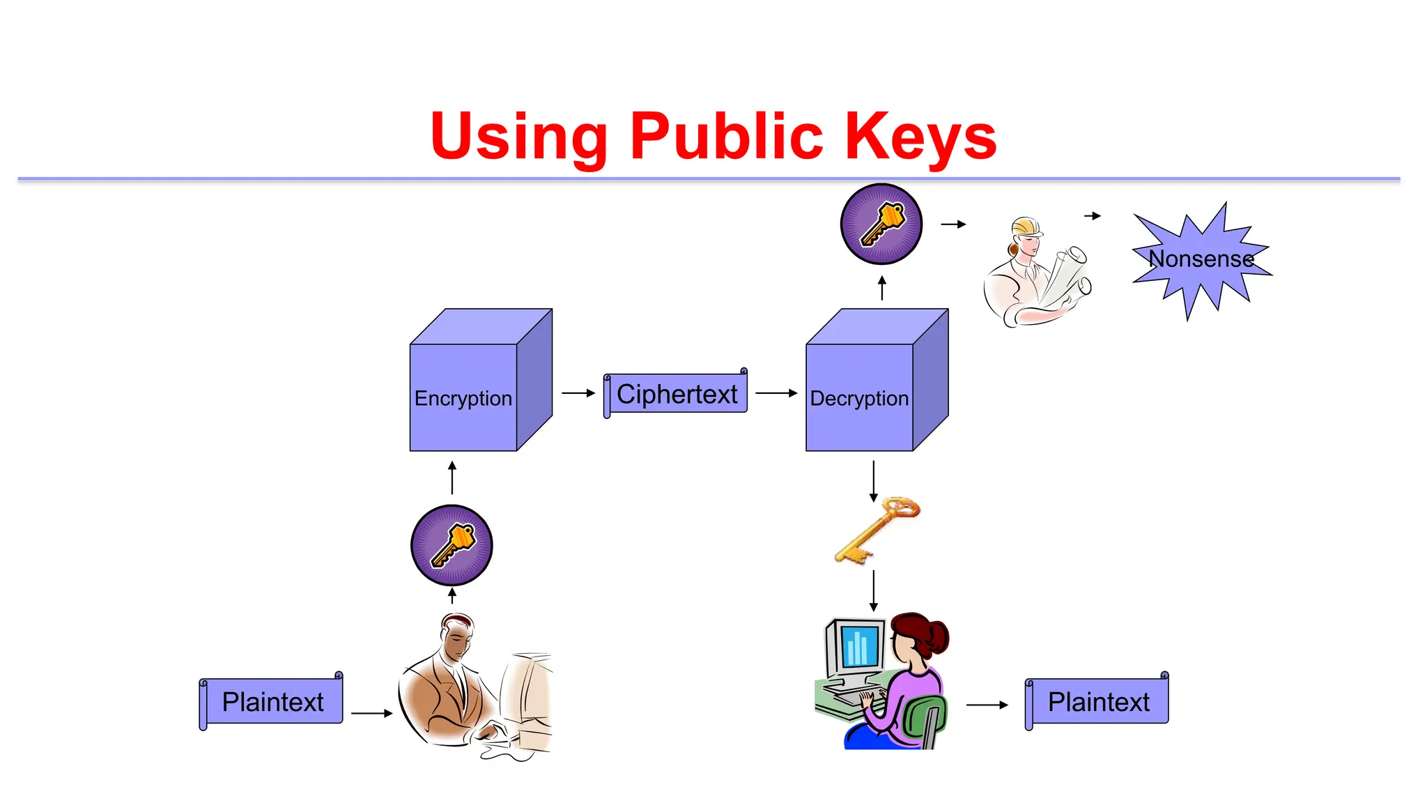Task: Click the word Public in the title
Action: click(726, 136)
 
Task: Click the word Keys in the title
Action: click(920, 136)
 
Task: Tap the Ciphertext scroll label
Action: click(676, 394)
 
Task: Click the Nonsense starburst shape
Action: click(1201, 260)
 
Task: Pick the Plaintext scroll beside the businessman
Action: click(272, 701)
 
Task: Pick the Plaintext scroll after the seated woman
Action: click(1097, 701)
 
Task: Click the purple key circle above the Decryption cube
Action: click(881, 224)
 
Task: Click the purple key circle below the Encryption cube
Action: click(452, 545)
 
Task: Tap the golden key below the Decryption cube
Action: click(877, 530)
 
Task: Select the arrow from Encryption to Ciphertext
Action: click(578, 393)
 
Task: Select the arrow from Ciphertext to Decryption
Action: click(776, 393)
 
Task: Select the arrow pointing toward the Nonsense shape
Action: click(1093, 216)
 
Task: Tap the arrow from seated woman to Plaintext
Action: click(987, 705)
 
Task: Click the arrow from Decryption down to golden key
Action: click(873, 481)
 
